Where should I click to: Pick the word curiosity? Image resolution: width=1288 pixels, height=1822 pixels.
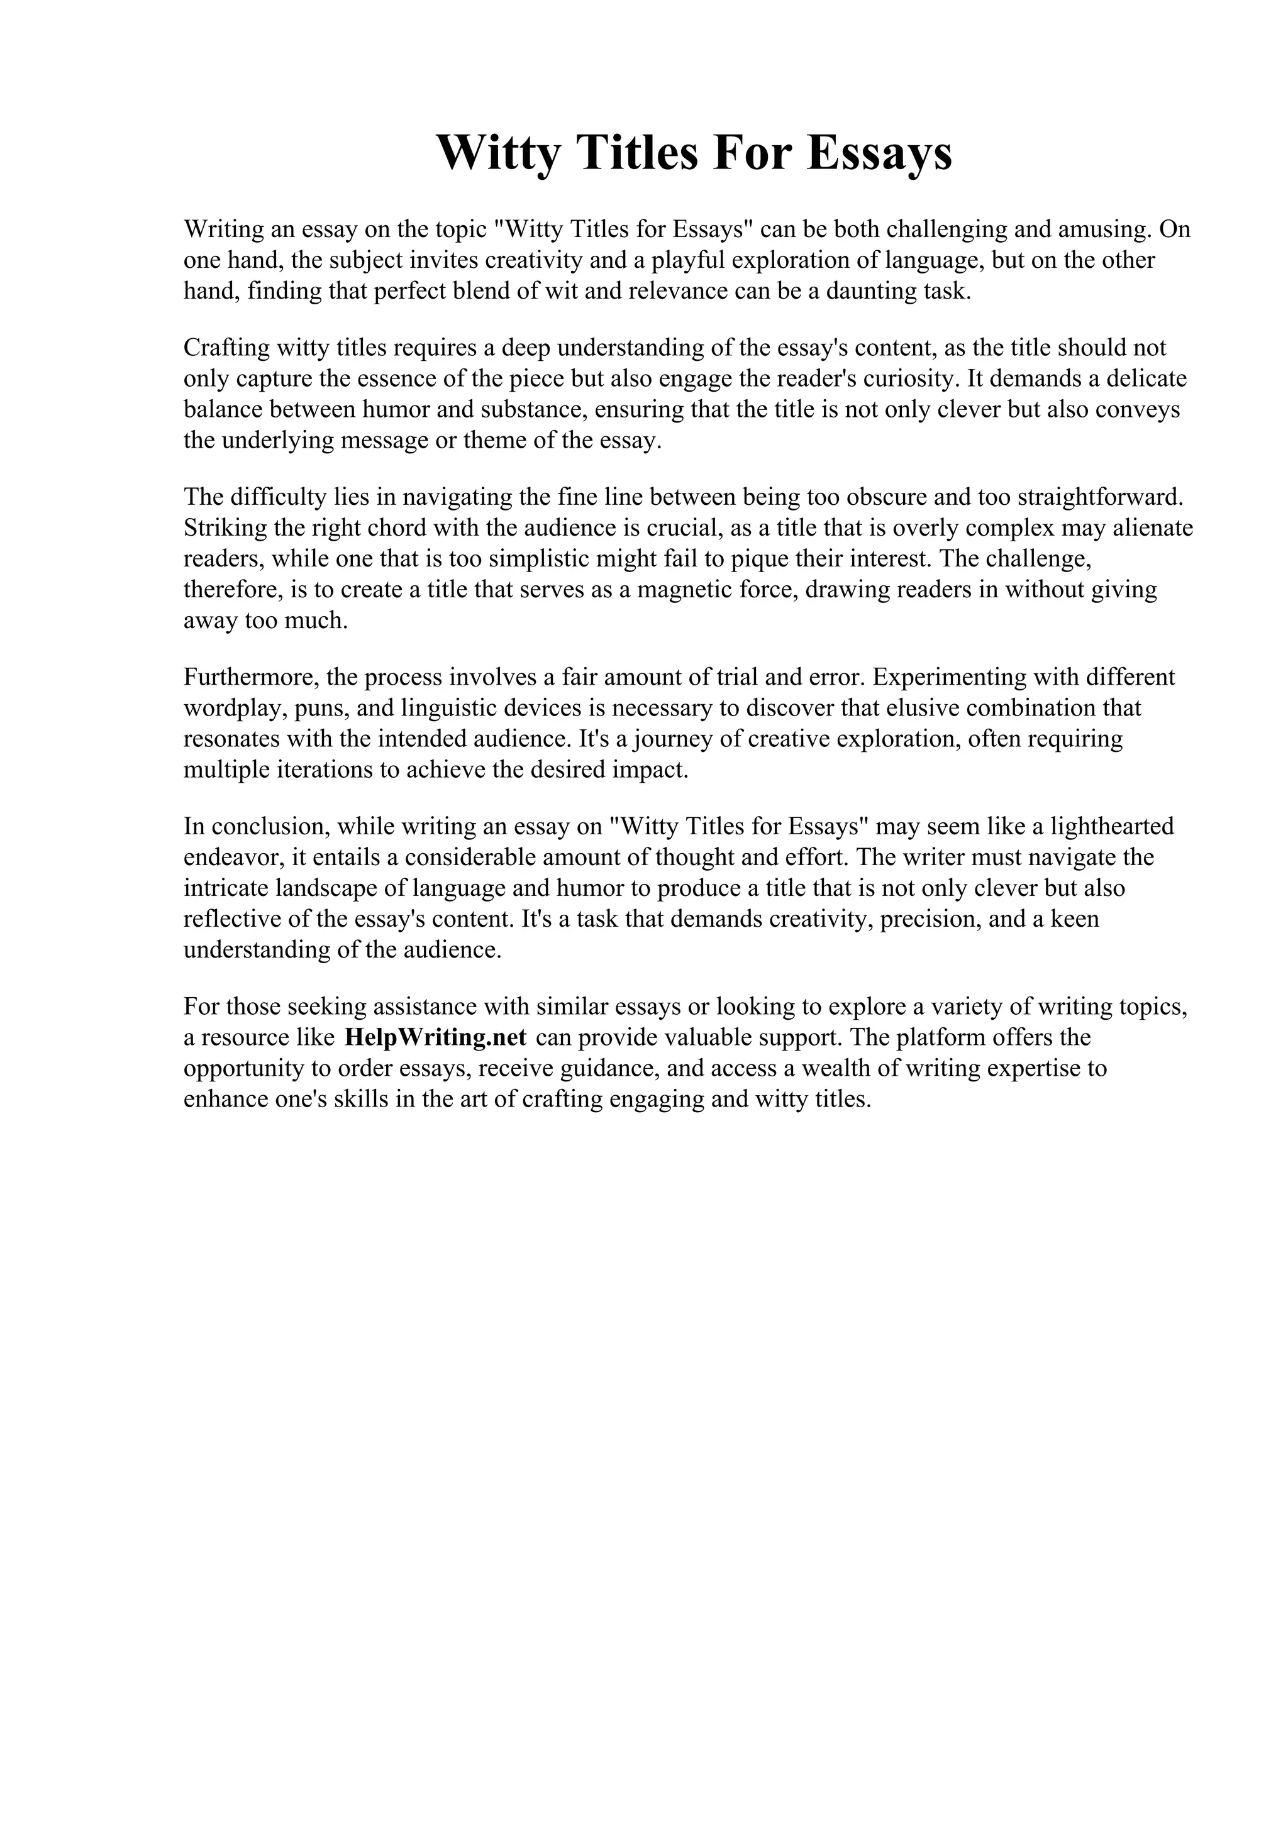pyautogui.click(x=909, y=378)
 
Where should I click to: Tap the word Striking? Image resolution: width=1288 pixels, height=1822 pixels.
pyautogui.click(x=224, y=527)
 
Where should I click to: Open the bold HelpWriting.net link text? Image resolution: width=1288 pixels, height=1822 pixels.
pyautogui.click(x=436, y=1037)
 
